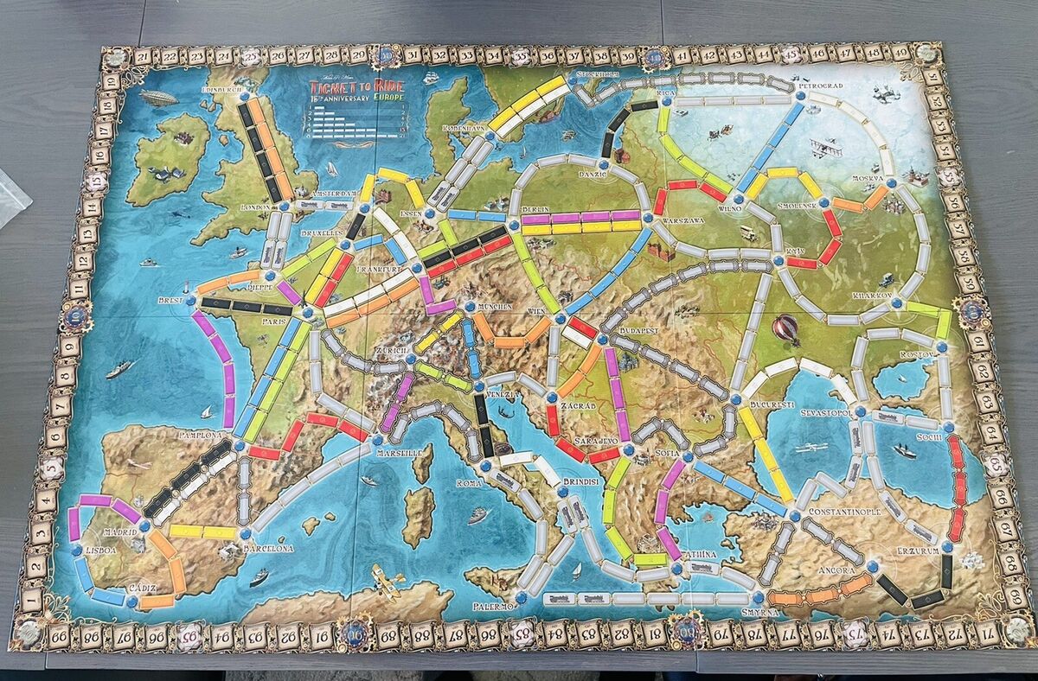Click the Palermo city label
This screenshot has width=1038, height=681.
[494, 607]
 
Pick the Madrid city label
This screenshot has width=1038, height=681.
[121, 533]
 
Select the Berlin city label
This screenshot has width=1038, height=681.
[536, 210]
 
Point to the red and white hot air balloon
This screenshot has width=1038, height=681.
[785, 328]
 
